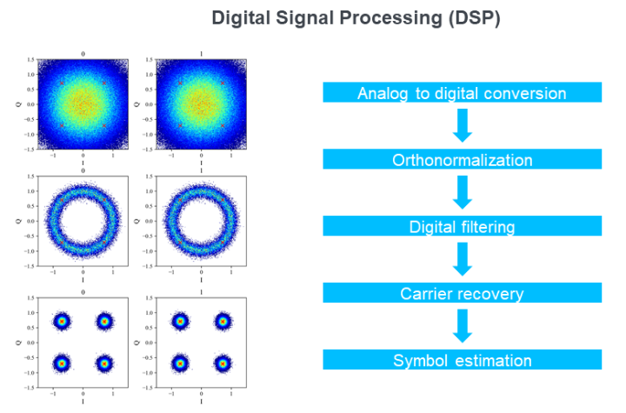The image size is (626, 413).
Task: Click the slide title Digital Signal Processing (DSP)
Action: (356, 18)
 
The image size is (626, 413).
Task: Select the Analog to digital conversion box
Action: (462, 93)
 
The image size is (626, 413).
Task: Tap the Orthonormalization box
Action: (462, 160)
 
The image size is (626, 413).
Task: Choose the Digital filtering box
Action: (462, 227)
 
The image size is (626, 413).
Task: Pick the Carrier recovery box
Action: (462, 294)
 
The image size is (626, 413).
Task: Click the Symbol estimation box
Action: (462, 360)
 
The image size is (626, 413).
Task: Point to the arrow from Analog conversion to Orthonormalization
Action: (463, 125)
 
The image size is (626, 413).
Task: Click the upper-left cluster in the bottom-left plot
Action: (62, 322)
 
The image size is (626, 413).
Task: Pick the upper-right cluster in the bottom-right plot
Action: (223, 322)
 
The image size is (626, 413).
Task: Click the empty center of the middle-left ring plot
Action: (83, 221)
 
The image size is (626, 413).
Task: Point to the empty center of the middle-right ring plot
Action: (201, 221)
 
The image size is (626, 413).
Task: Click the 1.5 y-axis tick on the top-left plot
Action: (30, 60)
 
